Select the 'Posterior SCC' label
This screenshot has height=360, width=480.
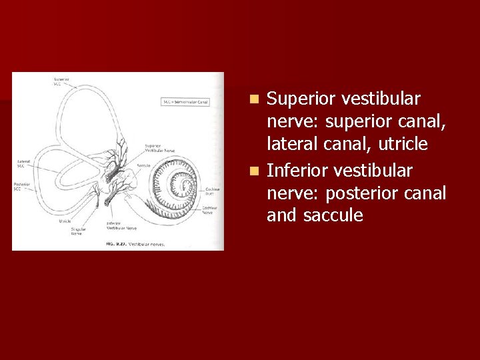[x=23, y=186]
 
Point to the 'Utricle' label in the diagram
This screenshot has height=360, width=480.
[x=65, y=221]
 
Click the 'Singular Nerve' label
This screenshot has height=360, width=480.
[x=77, y=231]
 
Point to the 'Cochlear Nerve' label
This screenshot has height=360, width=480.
[x=211, y=210]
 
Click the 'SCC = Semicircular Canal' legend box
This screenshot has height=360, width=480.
[x=186, y=102]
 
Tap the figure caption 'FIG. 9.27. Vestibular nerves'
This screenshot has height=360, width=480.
[x=135, y=244]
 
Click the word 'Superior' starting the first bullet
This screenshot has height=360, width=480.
[x=300, y=99]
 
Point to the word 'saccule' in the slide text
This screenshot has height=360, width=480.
[x=333, y=216]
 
